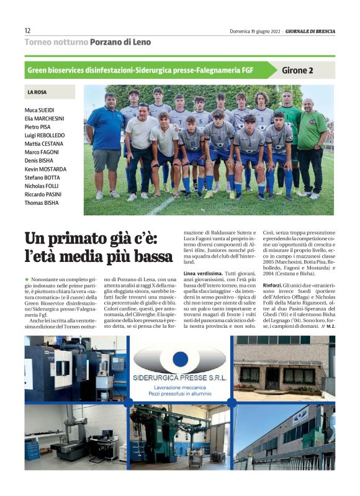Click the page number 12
click(x=28, y=30)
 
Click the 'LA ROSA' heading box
click(x=37, y=92)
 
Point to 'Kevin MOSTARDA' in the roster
click(x=46, y=169)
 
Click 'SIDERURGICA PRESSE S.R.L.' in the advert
click(x=179, y=377)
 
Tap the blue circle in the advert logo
click(x=180, y=359)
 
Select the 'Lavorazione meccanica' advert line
click(x=180, y=387)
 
